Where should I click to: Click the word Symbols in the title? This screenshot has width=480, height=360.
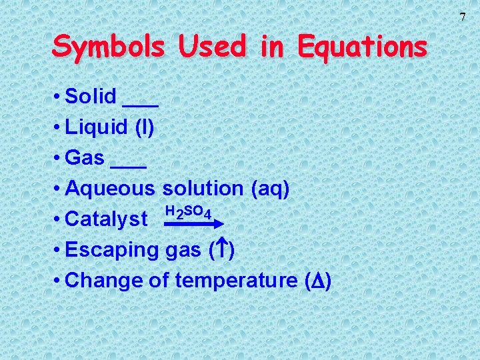tap(109, 47)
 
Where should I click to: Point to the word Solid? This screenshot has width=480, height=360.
tap(91, 97)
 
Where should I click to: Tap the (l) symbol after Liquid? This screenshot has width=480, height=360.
tap(145, 127)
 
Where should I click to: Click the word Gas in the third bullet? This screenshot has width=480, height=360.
tap(85, 158)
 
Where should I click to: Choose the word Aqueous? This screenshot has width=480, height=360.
tap(111, 189)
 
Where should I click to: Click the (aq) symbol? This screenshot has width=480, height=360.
tap(270, 189)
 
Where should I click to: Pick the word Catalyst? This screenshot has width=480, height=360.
tap(107, 219)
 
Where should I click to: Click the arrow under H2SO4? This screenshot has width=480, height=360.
tap(189, 225)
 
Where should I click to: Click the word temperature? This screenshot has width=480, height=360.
tap(235, 281)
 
